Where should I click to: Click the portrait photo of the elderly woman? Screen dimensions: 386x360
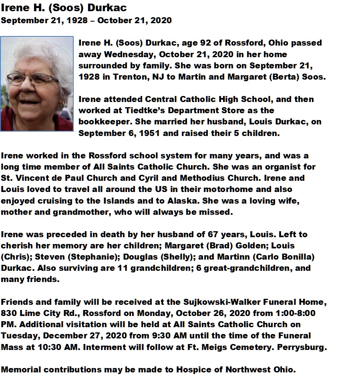(x=37, y=84)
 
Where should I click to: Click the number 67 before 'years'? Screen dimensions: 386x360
(x=215, y=234)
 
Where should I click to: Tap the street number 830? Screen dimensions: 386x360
(x=8, y=313)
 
